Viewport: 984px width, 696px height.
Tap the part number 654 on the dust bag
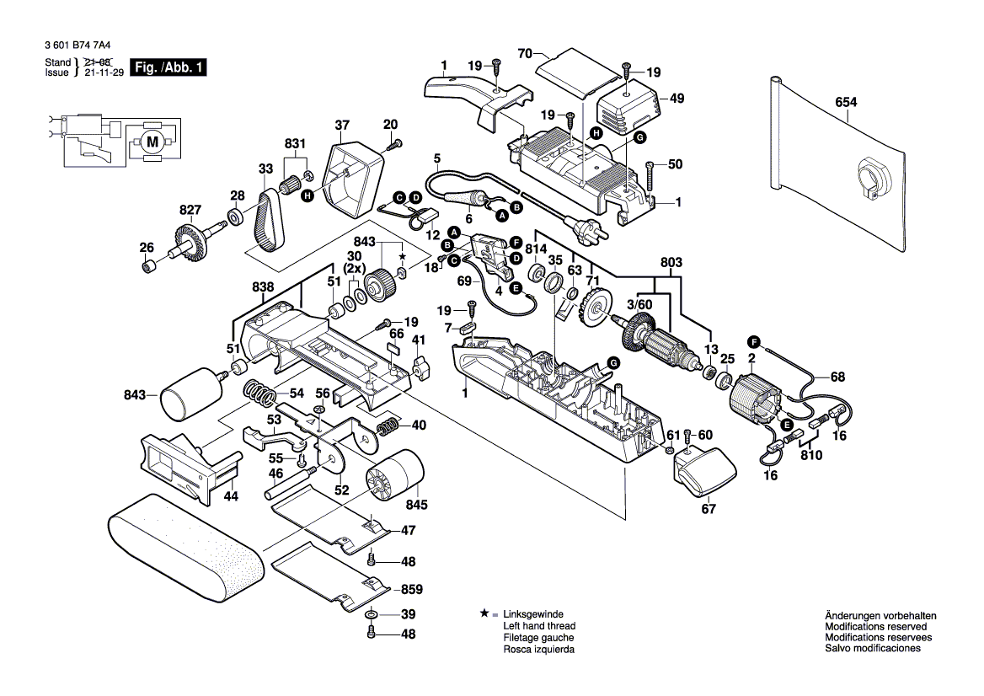pos(846,102)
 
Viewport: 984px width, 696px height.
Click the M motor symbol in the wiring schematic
pos(152,142)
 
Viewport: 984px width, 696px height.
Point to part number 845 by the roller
pos(416,505)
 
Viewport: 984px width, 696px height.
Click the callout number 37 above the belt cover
pos(341,126)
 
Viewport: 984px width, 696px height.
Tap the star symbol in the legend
pos(484,614)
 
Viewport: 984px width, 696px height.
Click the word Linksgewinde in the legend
pos(533,614)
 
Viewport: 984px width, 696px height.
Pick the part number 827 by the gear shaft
pos(190,210)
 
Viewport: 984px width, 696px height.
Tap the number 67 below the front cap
pos(709,509)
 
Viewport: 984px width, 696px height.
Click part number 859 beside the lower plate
pos(412,589)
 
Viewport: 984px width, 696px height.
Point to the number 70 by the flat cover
pos(526,54)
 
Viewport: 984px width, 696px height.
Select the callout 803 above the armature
pos(671,263)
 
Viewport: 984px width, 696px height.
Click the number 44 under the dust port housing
pos(231,496)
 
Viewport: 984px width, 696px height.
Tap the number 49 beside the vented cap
pos(676,99)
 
